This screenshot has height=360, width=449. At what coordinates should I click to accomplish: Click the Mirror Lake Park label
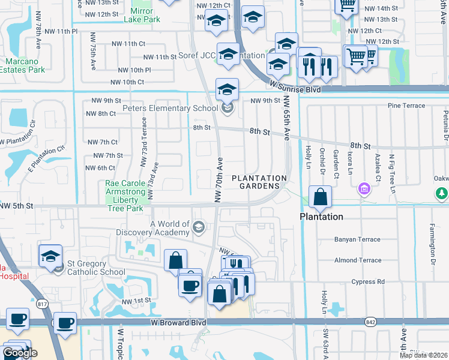pos(142,15)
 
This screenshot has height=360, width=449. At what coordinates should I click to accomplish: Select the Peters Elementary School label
pos(170,109)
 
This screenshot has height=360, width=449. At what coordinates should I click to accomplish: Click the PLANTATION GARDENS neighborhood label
pos(259,182)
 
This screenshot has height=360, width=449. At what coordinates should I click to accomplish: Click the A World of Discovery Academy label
pos(170,228)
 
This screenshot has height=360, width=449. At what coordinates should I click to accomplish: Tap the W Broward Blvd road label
pos(177,323)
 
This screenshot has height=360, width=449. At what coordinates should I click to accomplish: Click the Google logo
pos(19,353)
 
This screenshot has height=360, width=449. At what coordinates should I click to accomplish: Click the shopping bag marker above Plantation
pos(321,197)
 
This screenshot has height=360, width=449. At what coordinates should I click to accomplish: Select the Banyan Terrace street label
pos(358,239)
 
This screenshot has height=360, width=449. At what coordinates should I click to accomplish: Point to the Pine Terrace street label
pos(406,106)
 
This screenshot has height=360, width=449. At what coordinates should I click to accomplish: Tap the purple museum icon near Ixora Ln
pos(363,190)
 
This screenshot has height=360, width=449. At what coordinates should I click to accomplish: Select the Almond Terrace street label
pos(358,260)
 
